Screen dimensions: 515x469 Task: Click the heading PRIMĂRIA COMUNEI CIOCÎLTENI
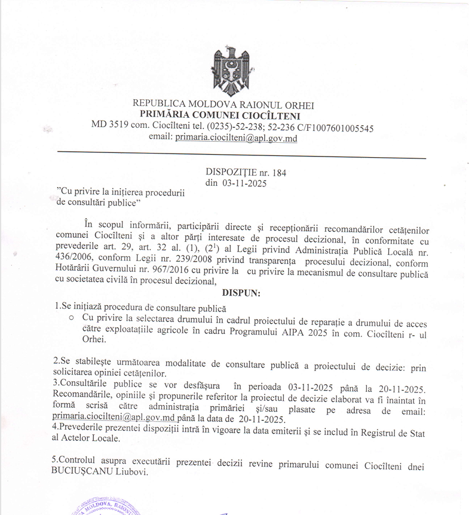tap(220, 116)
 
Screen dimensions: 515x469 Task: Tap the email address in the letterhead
tap(236, 137)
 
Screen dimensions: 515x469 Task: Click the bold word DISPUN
tap(241, 293)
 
